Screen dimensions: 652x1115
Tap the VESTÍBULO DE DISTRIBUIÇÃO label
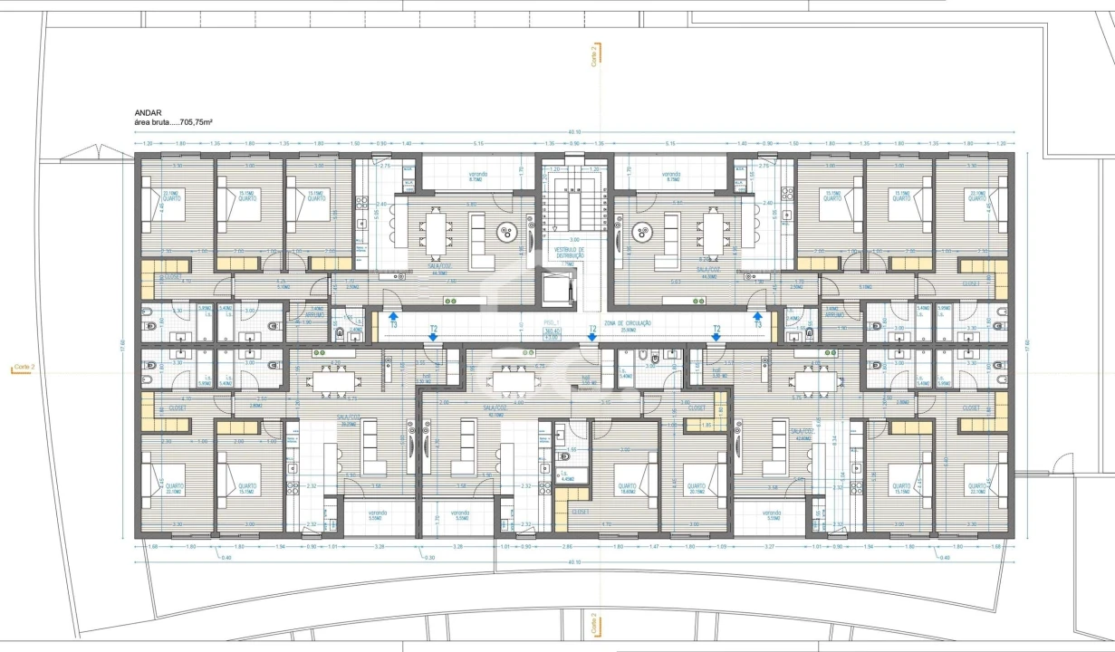click(x=568, y=253)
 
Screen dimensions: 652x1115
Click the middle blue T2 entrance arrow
click(x=592, y=336)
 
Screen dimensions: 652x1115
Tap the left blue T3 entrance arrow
click(x=394, y=318)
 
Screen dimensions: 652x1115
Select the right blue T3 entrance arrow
click(x=759, y=318)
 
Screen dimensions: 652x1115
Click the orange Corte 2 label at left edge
click(x=24, y=368)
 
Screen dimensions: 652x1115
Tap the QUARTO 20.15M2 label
click(x=696, y=488)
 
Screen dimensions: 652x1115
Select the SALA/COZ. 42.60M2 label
click(x=803, y=434)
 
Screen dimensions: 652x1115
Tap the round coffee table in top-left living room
click(x=504, y=234)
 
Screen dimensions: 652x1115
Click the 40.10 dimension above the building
click(x=574, y=132)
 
